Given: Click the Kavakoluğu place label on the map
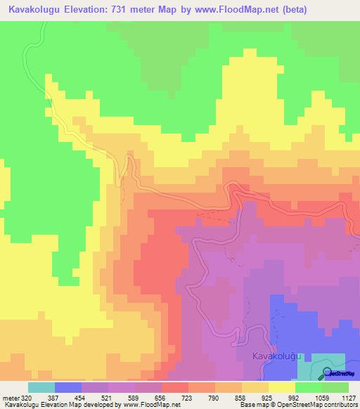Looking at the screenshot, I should [x=276, y=356].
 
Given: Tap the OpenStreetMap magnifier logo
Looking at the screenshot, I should [x=327, y=373].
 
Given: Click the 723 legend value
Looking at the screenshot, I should [x=169, y=397].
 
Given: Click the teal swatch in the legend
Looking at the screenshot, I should [x=41, y=387].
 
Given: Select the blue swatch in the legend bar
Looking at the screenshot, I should [x=68, y=387].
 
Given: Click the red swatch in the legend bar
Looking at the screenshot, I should [x=175, y=387].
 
